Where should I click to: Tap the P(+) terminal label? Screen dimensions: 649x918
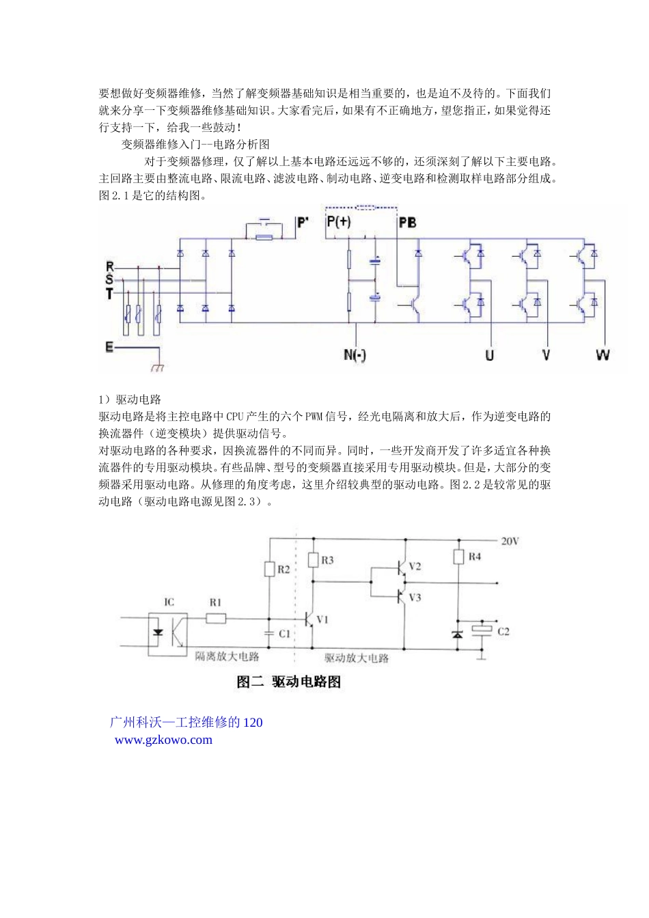(x=338, y=222)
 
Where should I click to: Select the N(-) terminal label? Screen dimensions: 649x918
(x=355, y=354)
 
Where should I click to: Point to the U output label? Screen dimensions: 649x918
(x=490, y=354)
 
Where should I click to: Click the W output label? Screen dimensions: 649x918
(x=602, y=354)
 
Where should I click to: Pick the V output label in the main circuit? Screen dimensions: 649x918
(x=546, y=354)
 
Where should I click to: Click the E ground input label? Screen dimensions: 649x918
(x=109, y=347)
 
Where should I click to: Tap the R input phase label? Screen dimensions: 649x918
(x=109, y=265)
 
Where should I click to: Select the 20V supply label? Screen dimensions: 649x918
(x=510, y=541)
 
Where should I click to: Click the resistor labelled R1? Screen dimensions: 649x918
(x=216, y=619)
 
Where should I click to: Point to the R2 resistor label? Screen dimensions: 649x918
(x=284, y=568)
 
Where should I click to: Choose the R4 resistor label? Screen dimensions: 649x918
(x=474, y=557)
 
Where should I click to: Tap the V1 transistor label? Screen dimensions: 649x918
(x=322, y=619)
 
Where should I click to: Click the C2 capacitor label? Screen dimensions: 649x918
(x=503, y=631)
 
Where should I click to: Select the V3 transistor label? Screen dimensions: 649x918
(x=415, y=597)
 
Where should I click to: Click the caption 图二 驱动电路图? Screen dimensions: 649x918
(x=288, y=682)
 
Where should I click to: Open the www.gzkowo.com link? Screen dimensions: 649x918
(x=163, y=740)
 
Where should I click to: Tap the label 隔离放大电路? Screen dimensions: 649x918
(x=227, y=656)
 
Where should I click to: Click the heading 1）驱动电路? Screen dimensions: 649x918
(x=130, y=399)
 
